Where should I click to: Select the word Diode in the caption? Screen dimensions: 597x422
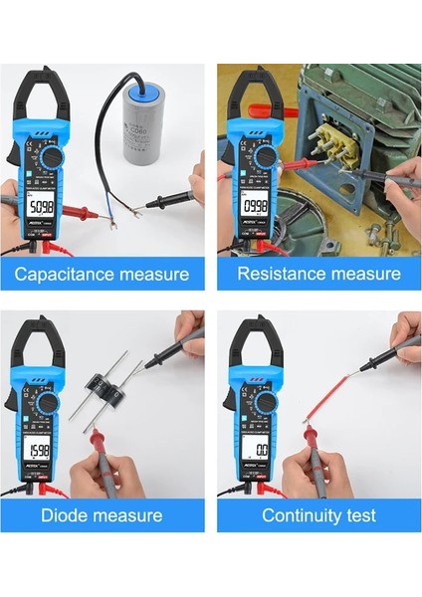click(x=67, y=515)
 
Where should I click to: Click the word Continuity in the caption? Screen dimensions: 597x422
click(x=300, y=515)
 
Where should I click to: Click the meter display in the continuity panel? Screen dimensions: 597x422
click(x=258, y=451)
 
